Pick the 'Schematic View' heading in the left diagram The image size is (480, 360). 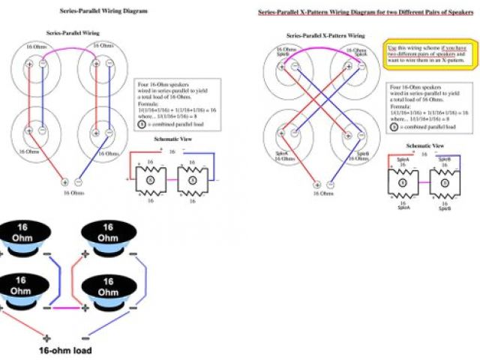[x=172, y=140]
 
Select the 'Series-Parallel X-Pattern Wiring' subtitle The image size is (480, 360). [x=325, y=35]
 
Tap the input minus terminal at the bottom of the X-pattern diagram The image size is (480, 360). [x=330, y=184]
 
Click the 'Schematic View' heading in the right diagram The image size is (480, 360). [x=424, y=144]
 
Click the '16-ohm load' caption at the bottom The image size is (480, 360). [x=65, y=349]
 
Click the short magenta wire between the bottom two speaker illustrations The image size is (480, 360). [x=64, y=307]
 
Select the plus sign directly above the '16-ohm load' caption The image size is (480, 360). [x=46, y=337]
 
